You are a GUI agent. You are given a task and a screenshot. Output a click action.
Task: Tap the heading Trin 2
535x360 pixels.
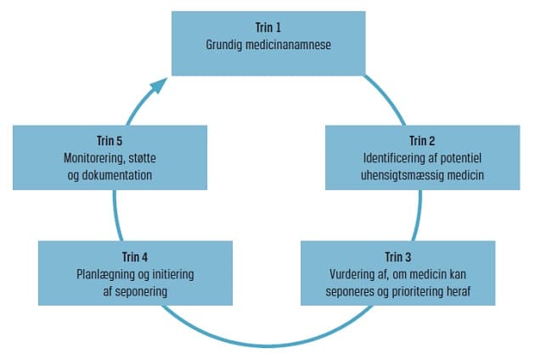(422, 141)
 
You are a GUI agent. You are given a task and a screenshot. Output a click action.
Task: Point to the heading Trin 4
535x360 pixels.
(135, 256)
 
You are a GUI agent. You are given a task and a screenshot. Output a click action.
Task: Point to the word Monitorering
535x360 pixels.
(98, 157)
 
